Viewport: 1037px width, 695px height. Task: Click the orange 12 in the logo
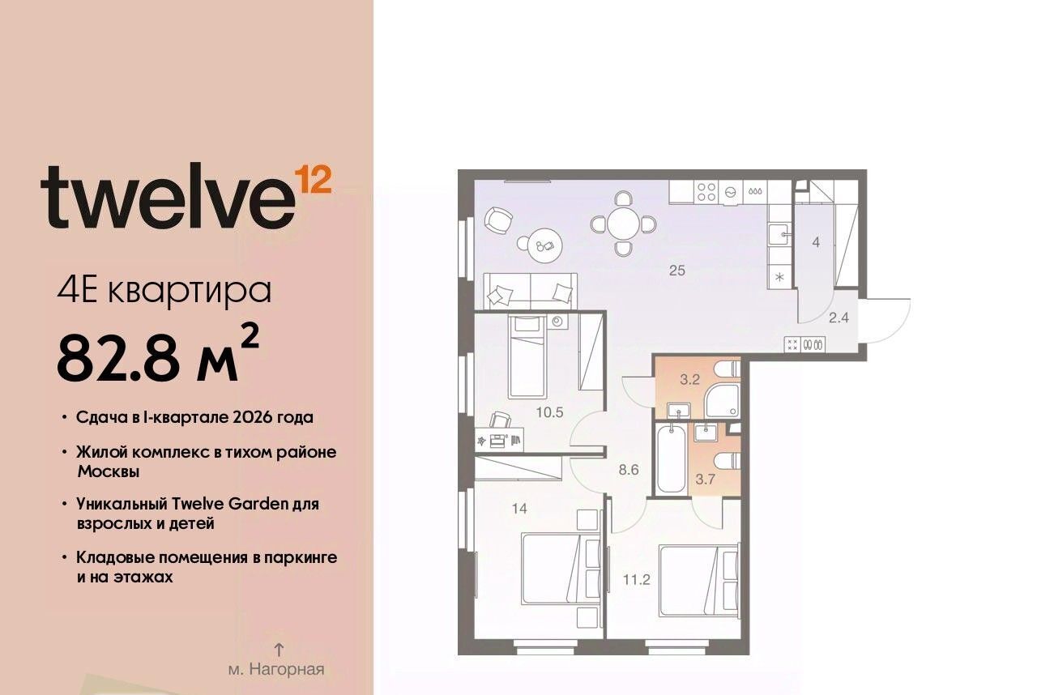[x=314, y=180]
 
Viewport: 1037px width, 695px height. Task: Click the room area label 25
[x=676, y=271]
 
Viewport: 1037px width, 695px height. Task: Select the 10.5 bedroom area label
[x=549, y=411]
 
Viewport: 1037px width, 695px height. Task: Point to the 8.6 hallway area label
[x=629, y=470]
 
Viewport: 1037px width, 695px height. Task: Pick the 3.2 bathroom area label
[x=689, y=380]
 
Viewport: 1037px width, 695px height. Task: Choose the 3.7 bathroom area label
[x=705, y=480]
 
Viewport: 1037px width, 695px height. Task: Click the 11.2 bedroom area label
[x=637, y=579]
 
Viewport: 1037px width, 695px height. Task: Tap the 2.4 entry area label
[x=839, y=318]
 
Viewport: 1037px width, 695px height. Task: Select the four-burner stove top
[x=706, y=191]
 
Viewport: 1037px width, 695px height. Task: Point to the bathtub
[x=671, y=460]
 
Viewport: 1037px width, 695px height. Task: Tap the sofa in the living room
[x=530, y=291]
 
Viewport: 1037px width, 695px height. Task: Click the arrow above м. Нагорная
[x=278, y=649]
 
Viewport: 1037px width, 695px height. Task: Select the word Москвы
[x=109, y=472]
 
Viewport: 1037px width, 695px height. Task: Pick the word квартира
[x=190, y=292]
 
